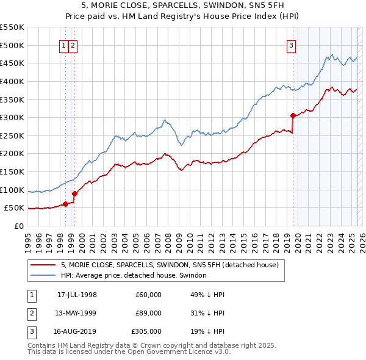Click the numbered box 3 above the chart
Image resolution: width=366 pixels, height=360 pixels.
click(292, 45)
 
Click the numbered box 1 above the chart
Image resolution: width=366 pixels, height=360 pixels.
click(64, 45)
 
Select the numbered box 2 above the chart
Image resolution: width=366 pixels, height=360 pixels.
click(73, 45)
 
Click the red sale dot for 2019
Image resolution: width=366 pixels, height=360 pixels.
click(293, 115)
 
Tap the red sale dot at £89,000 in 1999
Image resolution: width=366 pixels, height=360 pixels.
click(74, 193)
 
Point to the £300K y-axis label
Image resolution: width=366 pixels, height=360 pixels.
click(12, 117)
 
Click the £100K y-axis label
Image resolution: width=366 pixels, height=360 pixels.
click(12, 190)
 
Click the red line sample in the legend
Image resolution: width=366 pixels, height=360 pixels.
click(43, 265)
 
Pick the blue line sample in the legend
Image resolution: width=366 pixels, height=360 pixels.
click(43, 276)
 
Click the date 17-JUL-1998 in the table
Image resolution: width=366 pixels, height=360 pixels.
click(77, 295)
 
